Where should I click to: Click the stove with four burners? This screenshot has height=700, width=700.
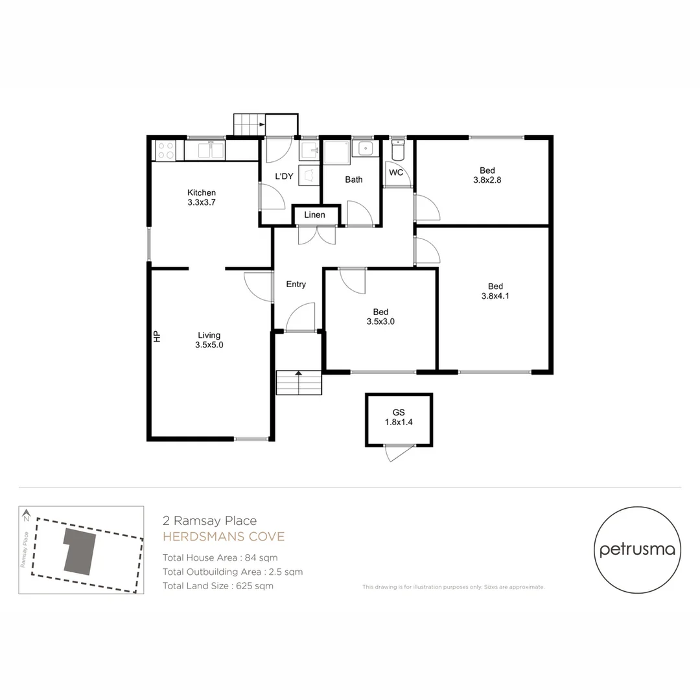[165, 150]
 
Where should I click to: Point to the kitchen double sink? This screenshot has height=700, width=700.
[211, 150]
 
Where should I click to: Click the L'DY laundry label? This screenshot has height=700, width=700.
[284, 176]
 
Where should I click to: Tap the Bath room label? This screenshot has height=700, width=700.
[354, 180]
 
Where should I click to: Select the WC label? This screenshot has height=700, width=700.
[396, 172]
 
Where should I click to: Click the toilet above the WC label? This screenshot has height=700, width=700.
[398, 150]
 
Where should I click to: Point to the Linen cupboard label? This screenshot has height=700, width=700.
[314, 215]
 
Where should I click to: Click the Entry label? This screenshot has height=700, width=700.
[296, 284]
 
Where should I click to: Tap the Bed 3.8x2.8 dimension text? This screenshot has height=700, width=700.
[487, 180]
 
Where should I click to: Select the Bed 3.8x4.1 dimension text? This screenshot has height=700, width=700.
[495, 296]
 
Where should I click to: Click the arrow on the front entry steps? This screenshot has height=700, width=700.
[299, 373]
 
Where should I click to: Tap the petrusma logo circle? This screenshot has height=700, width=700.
[637, 550]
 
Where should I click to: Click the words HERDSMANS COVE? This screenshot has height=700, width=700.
[224, 537]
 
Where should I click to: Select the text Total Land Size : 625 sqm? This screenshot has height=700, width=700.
[218, 586]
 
